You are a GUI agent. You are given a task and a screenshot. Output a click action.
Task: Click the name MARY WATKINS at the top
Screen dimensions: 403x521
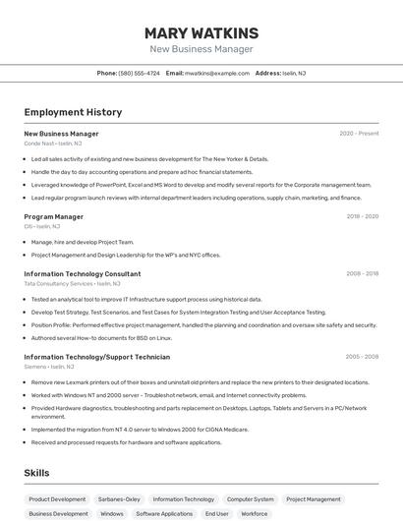tap(201, 32)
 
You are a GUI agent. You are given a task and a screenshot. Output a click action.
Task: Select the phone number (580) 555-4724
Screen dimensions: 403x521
tap(139, 73)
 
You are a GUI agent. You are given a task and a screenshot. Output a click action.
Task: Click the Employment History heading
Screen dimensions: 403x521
tap(73, 112)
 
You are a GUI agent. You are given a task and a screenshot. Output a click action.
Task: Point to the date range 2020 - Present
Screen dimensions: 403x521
tap(359, 133)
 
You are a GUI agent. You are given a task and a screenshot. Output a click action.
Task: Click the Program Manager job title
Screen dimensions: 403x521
tap(53, 216)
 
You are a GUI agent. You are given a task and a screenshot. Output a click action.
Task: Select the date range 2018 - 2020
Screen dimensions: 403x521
tap(362, 216)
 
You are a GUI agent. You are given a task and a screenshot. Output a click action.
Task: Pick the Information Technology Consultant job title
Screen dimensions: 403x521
tap(82, 274)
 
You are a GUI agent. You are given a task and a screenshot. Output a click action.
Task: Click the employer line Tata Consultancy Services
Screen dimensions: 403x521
tap(62, 283)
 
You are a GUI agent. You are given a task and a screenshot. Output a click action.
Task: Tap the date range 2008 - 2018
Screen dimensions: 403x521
tap(362, 274)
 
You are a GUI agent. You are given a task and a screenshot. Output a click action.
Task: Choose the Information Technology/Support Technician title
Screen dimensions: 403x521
tap(96, 357)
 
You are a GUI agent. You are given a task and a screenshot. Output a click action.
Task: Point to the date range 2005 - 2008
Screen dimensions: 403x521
tap(362, 357)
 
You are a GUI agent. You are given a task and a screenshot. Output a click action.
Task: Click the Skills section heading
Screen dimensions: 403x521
tap(36, 473)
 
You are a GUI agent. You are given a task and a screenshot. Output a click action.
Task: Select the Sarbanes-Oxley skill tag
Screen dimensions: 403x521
tap(119, 499)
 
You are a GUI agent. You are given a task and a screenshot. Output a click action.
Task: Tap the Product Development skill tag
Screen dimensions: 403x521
tap(57, 499)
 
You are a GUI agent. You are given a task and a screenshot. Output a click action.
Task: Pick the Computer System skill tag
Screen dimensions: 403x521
tap(250, 499)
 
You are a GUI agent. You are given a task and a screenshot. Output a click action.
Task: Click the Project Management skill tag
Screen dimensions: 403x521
tap(317, 499)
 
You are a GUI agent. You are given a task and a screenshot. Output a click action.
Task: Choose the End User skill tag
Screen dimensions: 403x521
tap(216, 513)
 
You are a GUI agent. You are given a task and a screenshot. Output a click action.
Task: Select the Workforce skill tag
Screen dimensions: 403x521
tap(255, 513)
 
